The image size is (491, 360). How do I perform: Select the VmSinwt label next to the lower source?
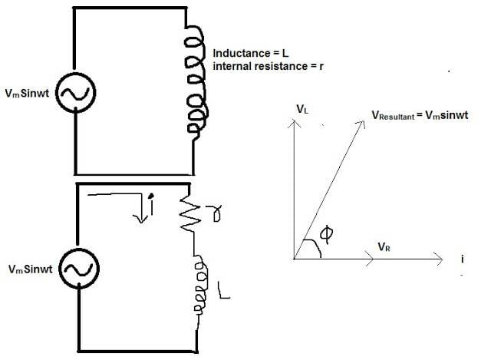coord(31,269)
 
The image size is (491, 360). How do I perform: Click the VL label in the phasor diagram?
coord(302,111)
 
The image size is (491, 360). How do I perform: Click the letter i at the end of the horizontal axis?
coord(463,259)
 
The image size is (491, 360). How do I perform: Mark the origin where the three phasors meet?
coord(294,259)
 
